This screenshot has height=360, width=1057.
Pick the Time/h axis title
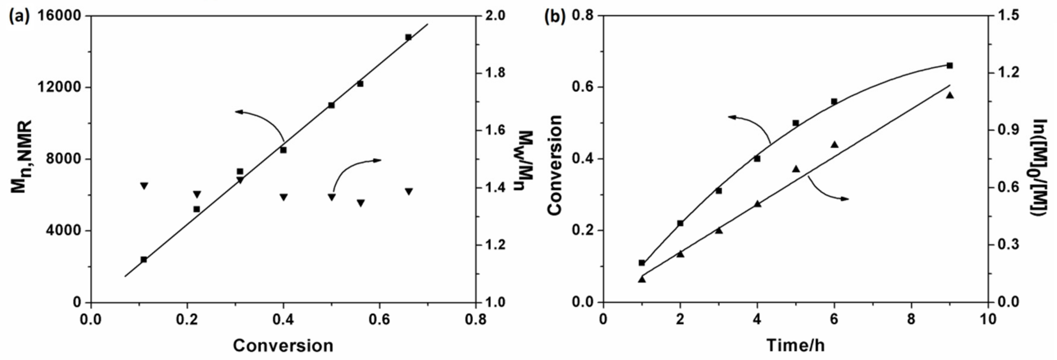click(795, 346)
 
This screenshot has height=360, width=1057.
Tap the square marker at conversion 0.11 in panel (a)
click(144, 259)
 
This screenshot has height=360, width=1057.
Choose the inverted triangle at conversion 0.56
click(361, 203)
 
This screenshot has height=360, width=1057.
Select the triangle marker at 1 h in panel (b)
click(642, 279)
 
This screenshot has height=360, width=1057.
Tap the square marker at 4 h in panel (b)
click(757, 159)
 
